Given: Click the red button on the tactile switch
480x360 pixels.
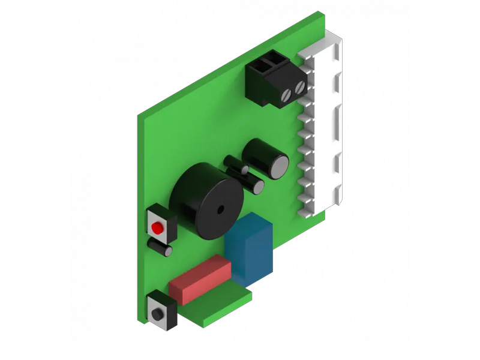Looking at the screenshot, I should pos(157,229).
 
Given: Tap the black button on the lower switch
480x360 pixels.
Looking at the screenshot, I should pos(158,314).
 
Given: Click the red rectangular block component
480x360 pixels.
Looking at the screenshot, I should pos(200,279).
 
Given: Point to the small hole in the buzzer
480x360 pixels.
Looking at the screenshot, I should pos(220,210).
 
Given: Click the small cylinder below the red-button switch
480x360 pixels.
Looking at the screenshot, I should pos(160,248).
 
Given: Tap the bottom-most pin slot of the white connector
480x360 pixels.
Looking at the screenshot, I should pos(305,207).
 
